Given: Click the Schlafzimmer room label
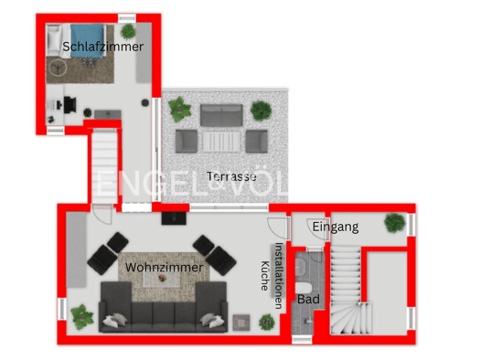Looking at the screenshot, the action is click(x=102, y=47).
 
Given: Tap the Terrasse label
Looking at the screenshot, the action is click(x=231, y=176).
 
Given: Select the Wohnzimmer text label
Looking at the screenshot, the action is click(x=164, y=268).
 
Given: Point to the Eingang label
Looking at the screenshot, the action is click(x=336, y=227).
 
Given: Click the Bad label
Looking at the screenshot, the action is click(x=308, y=299).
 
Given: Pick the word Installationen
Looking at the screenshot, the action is click(x=279, y=276).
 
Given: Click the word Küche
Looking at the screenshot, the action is click(x=265, y=276).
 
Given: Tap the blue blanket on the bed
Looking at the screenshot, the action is click(x=87, y=41).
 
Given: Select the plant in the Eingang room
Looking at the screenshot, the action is click(x=395, y=223).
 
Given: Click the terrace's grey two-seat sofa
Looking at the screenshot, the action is click(x=221, y=115).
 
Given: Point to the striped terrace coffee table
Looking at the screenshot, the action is click(x=221, y=142).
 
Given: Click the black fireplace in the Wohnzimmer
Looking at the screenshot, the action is click(x=174, y=218).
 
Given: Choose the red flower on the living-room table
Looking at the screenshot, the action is click(x=162, y=278).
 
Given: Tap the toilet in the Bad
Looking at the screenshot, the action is click(x=303, y=288).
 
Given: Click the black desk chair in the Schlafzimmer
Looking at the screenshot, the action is click(x=70, y=104).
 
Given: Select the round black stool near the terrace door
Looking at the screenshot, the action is click(x=145, y=102).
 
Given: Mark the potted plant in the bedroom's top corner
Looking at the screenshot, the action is click(x=128, y=31).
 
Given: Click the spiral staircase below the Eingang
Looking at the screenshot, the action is click(x=350, y=318).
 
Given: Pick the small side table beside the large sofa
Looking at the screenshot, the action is click(x=241, y=323).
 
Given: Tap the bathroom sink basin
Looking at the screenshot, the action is click(x=301, y=266).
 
